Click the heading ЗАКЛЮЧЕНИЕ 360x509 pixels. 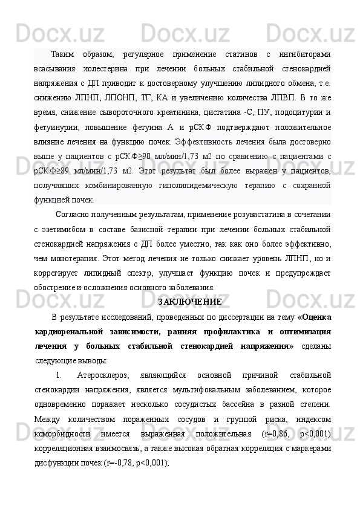tap(189, 302)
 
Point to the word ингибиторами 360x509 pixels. tap(305, 56)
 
